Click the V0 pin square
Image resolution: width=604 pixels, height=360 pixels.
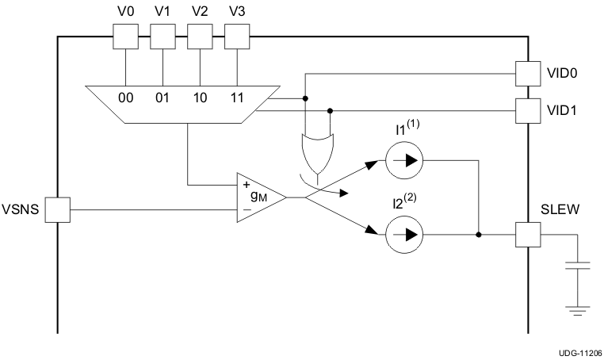[x=125, y=36]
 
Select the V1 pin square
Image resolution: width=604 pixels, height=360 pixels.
[x=162, y=36]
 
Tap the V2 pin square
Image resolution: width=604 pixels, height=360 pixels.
[x=200, y=36]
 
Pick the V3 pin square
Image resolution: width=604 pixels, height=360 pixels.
[x=237, y=36]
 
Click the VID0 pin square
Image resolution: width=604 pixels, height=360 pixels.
[x=527, y=74]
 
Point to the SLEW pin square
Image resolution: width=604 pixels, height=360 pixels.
[x=527, y=235]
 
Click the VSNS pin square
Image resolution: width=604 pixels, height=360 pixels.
[x=58, y=210]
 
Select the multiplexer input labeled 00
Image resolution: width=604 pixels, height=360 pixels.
[x=125, y=98]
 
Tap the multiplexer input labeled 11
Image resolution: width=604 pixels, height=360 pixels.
[x=237, y=98]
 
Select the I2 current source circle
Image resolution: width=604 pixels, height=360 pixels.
[x=404, y=235]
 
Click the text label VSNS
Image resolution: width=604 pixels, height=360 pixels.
[x=21, y=210]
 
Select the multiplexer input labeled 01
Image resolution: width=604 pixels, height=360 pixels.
[x=162, y=98]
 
